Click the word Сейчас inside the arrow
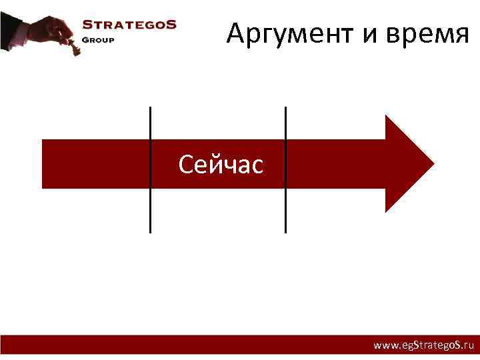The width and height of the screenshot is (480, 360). tap(221, 164)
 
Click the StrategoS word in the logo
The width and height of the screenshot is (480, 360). tap(129, 25)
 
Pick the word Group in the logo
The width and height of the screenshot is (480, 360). tap(98, 39)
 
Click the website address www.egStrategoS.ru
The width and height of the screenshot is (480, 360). tap(423, 346)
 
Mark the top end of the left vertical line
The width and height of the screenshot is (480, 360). tap(150, 108)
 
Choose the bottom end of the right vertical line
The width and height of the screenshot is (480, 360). tap(285, 231)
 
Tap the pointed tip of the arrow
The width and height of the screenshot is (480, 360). tap(433, 163)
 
